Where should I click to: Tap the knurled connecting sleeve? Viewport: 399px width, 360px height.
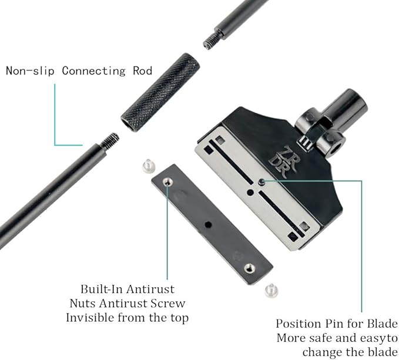pos(160,92)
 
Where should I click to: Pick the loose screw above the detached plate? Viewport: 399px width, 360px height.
pos(149,167)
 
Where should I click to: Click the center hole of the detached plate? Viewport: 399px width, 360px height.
pos(207,224)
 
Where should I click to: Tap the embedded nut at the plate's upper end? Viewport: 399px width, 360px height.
pos(169,183)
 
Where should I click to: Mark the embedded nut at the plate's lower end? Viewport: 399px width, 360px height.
pos(249,268)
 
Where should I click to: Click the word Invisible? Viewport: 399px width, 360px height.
pos(91,317)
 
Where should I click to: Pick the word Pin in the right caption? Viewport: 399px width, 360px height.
pos(342,324)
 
